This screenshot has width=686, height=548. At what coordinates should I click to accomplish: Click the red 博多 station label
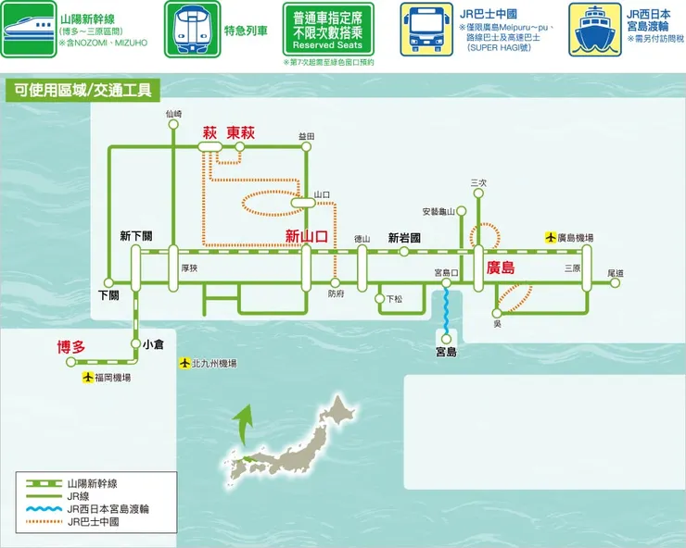tap(70, 347)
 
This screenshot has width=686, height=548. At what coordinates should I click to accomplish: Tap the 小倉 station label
tap(153, 343)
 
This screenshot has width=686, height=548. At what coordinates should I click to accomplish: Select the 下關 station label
tap(108, 295)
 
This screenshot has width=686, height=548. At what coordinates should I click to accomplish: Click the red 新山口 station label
tap(306, 236)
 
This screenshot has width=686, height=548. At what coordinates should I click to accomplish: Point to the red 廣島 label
tap(501, 268)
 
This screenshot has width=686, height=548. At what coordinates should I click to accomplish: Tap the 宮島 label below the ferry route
tap(446, 352)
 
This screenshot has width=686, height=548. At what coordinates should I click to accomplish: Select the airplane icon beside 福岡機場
tap(89, 378)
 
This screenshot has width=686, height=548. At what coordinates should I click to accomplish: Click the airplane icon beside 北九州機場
tap(184, 363)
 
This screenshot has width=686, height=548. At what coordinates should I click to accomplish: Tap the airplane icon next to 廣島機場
tap(550, 238)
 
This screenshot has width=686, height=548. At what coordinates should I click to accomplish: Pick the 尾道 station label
tap(616, 273)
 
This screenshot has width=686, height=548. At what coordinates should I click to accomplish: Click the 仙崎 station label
tap(173, 114)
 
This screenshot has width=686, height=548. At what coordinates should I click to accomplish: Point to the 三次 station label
tap(478, 182)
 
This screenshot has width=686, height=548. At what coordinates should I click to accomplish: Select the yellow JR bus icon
tap(426, 31)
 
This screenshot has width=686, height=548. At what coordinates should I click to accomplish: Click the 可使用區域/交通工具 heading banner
tap(83, 90)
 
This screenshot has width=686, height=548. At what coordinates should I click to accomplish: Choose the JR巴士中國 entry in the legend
tap(93, 522)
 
